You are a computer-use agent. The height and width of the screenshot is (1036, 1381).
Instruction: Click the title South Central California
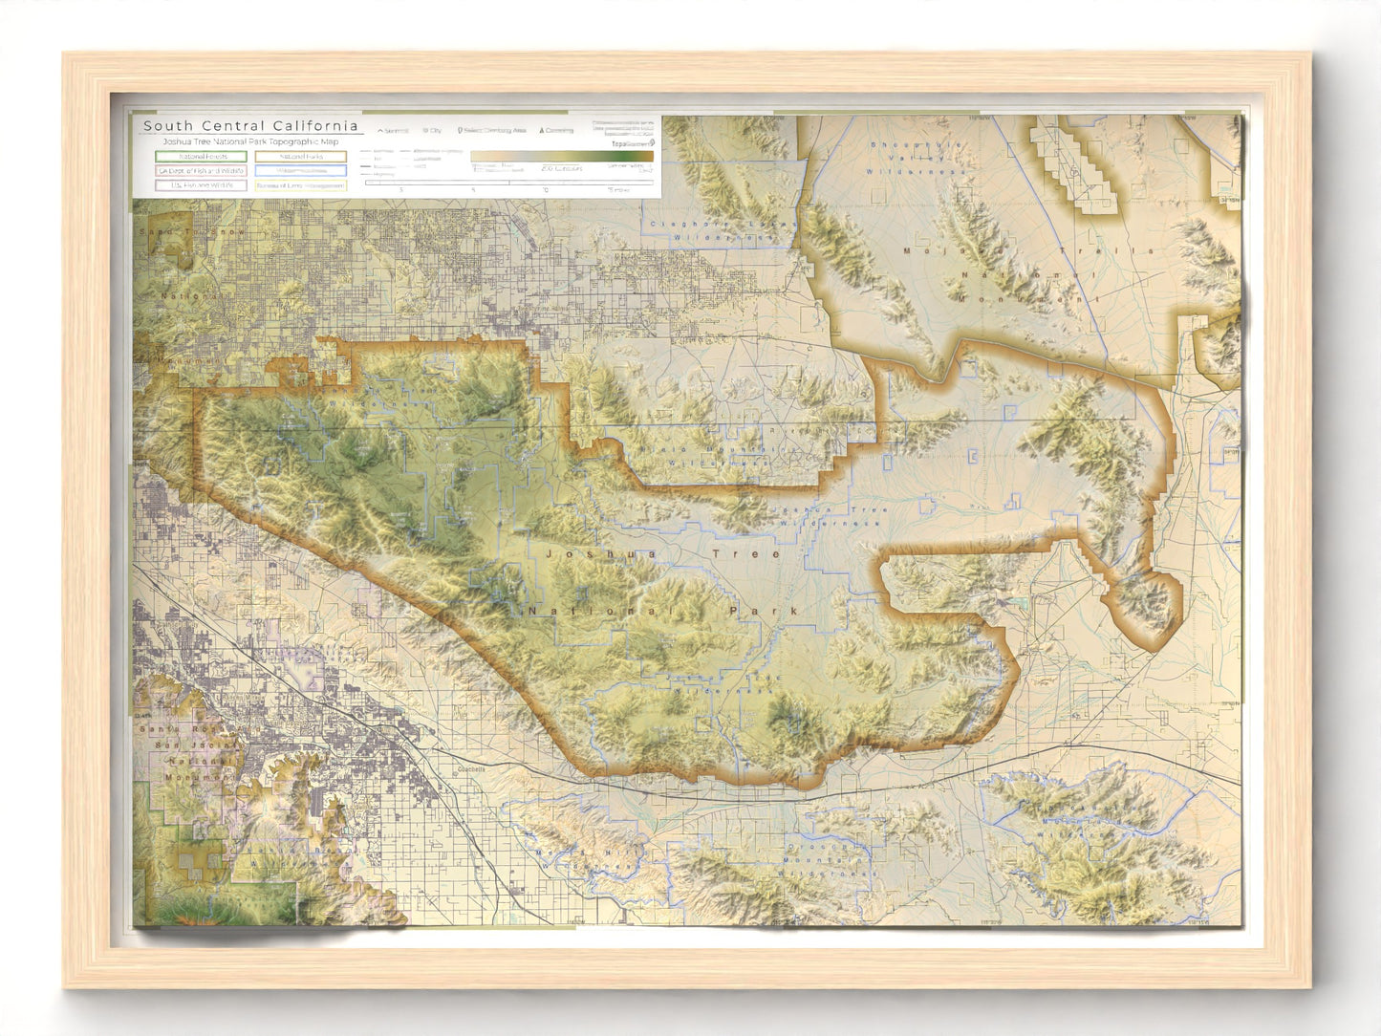click(250, 126)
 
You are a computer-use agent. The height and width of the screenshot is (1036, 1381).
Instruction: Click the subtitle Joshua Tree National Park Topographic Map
click(250, 141)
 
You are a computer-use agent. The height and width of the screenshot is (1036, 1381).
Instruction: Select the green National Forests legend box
click(201, 157)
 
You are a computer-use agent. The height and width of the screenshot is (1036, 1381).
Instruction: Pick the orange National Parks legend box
click(301, 157)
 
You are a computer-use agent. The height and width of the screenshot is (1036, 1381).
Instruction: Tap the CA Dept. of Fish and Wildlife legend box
click(201, 171)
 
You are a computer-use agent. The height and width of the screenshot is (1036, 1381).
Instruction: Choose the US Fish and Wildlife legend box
click(201, 185)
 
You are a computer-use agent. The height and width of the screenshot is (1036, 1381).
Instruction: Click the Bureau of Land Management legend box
click(301, 185)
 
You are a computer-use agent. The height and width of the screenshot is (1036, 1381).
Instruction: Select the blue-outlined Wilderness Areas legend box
click(301, 171)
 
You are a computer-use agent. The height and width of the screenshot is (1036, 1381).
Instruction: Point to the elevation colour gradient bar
click(562, 156)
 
